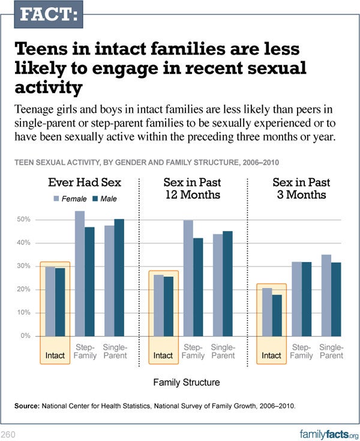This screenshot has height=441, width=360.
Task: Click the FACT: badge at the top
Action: [48, 14]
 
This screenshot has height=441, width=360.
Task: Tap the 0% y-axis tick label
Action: [25, 336]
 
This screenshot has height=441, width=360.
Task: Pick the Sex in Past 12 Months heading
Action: [192, 188]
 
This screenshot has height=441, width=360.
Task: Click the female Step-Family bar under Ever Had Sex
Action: [80, 274]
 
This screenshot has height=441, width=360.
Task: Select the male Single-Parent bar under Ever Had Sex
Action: [119, 278]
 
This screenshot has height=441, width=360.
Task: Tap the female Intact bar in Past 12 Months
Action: [158, 305]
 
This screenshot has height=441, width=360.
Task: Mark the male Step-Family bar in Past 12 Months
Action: [197, 287]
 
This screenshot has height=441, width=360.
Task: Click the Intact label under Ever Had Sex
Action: [55, 356]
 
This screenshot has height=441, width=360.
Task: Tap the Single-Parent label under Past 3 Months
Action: [331, 352]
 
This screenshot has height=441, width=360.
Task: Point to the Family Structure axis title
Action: [186, 382]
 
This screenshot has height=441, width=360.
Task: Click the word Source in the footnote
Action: [26, 406]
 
